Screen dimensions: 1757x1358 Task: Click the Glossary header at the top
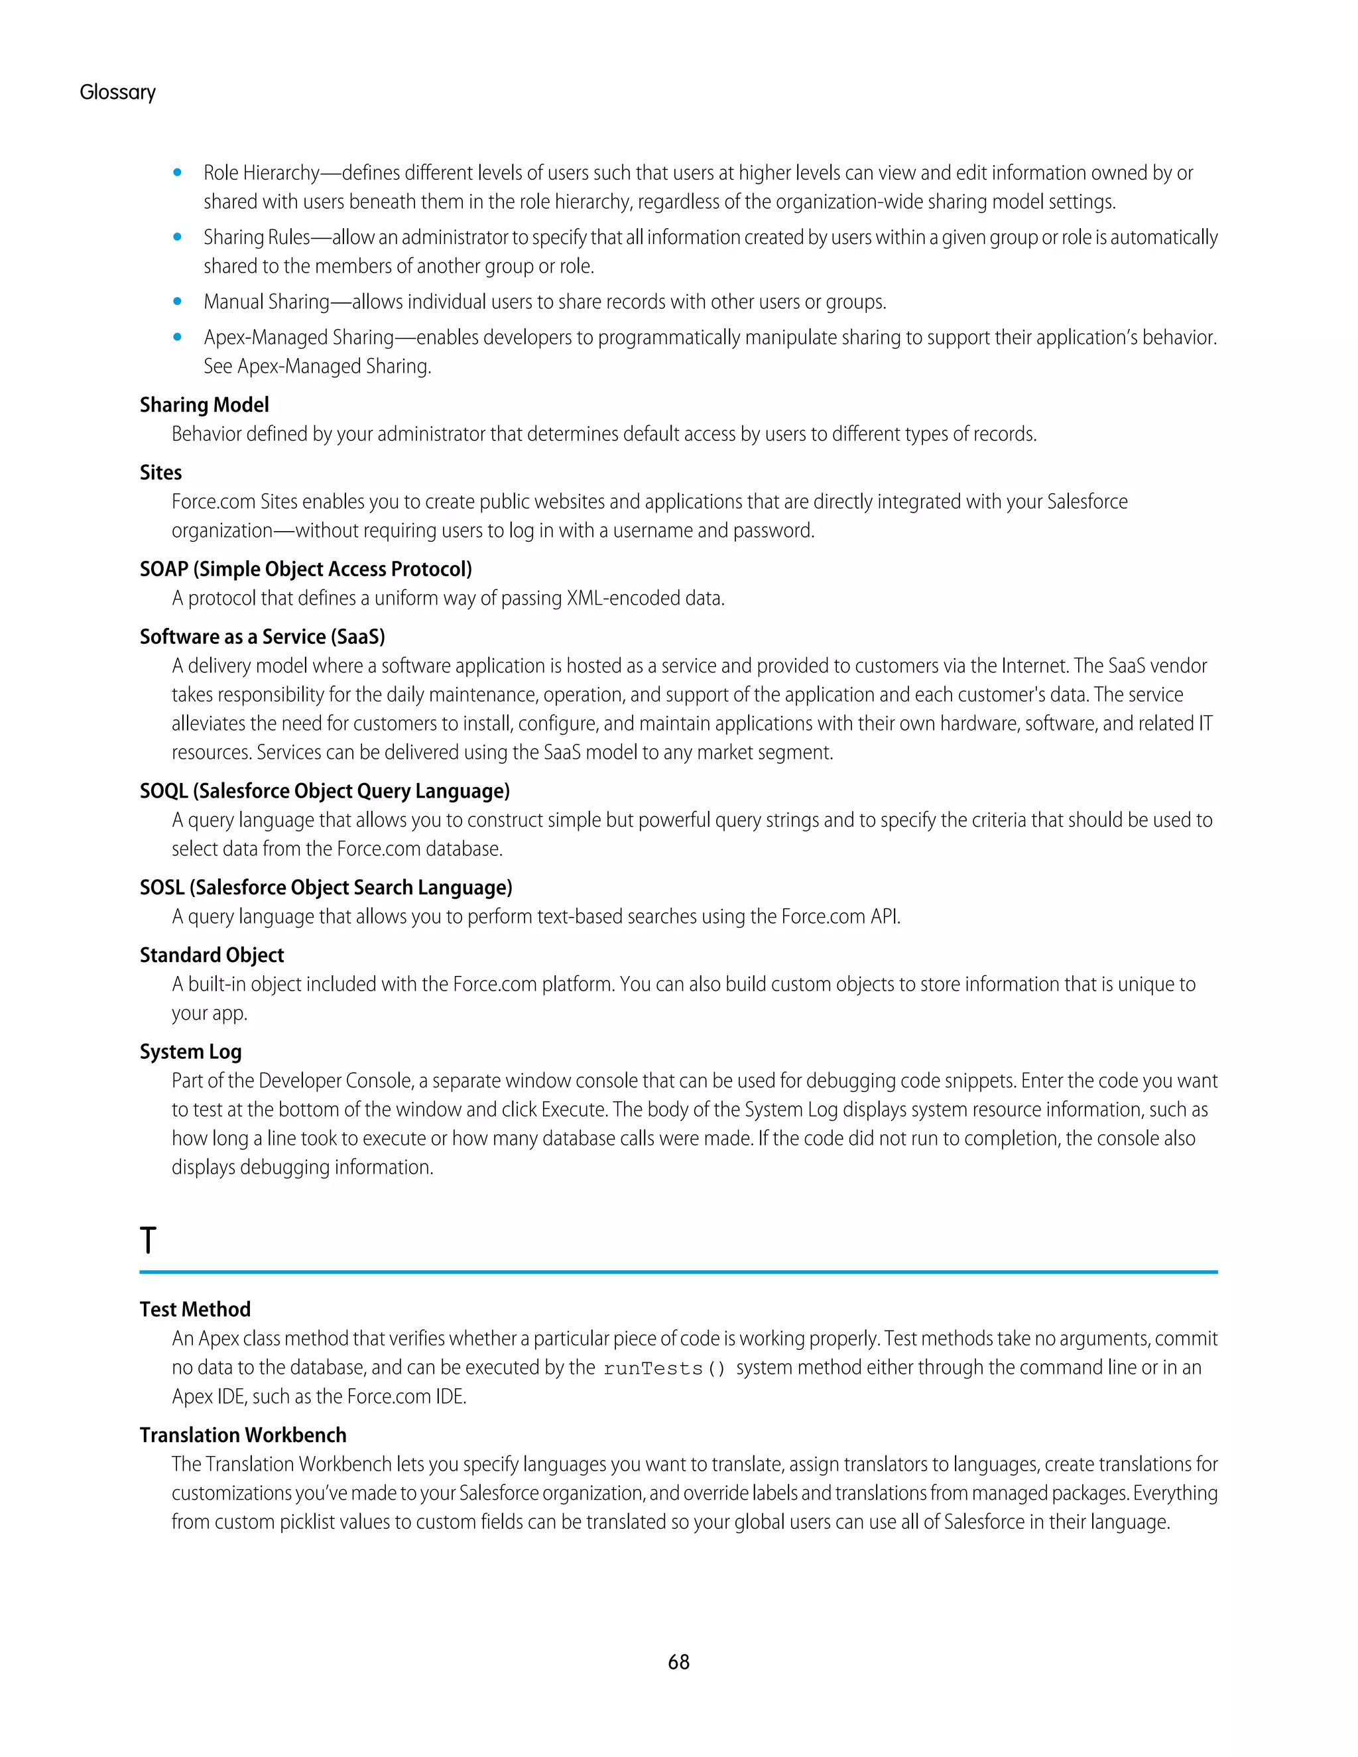117,93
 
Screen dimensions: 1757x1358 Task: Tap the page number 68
678,1662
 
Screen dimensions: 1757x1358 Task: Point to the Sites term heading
161,472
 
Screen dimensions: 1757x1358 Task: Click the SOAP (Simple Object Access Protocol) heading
306,569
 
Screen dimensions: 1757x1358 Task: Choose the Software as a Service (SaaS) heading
263,636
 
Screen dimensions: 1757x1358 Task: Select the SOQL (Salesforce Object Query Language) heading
325,791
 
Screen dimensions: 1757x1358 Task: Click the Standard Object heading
212,955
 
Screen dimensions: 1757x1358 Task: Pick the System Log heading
191,1052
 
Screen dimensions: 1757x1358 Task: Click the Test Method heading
196,1309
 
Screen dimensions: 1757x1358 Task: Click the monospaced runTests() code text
664,1368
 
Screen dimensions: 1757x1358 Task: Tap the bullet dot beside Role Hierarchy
177,172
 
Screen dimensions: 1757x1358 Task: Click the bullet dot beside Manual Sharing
177,301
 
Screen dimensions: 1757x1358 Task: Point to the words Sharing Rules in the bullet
257,237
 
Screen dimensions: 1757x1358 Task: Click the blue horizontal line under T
678,1272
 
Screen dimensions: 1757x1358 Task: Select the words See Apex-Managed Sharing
317,366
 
